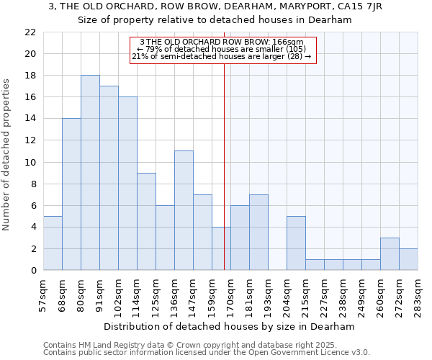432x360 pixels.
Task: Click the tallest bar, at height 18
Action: click(90, 173)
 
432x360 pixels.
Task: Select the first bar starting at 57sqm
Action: click(53, 243)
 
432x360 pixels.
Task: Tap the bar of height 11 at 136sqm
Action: click(184, 210)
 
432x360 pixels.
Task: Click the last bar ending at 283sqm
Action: click(408, 259)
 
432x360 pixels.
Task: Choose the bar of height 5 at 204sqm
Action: click(296, 243)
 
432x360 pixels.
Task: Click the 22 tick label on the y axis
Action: click(30, 32)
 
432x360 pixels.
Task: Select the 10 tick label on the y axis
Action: click(30, 162)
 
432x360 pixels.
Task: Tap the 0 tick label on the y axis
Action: click(33, 271)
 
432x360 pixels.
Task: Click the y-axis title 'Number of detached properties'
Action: click(7, 152)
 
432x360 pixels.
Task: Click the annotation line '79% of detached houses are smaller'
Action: click(222, 49)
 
